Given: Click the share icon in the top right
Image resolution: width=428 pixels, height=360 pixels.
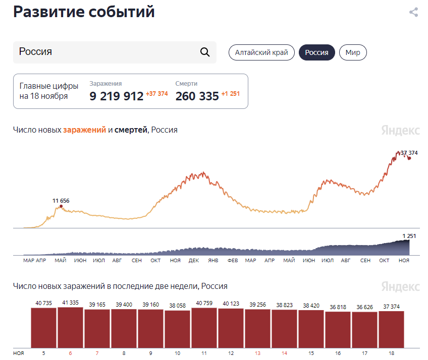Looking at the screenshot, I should (413, 12).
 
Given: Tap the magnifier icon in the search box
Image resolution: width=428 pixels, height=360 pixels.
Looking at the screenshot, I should (205, 52).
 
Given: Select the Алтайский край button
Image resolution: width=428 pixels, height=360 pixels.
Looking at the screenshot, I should (261, 52).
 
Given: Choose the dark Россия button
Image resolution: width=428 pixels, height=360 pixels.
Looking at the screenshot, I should (316, 52).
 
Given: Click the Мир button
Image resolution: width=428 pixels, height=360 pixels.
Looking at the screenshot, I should (353, 52).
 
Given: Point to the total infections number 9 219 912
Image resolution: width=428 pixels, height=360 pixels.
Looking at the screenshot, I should (117, 96).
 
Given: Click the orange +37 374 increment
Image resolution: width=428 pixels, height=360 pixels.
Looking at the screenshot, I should (157, 94).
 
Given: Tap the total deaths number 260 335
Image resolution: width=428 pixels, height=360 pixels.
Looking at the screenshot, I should (197, 96).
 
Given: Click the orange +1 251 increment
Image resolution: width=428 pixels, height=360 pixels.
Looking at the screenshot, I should (231, 94).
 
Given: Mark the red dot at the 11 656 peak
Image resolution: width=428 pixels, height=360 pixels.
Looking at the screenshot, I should (61, 206).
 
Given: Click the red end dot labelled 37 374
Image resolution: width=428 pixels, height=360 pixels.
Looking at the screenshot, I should (409, 158).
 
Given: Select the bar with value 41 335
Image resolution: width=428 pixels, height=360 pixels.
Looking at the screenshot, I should (70, 327).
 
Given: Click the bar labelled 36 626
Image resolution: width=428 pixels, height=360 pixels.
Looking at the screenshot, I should (364, 330).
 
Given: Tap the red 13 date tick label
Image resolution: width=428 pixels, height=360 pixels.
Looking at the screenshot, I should (258, 353).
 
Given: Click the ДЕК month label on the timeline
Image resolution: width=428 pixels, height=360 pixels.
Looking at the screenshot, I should (194, 261).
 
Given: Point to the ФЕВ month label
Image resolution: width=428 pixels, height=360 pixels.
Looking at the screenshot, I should (232, 261).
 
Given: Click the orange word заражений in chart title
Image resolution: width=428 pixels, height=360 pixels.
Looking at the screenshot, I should (84, 130).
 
